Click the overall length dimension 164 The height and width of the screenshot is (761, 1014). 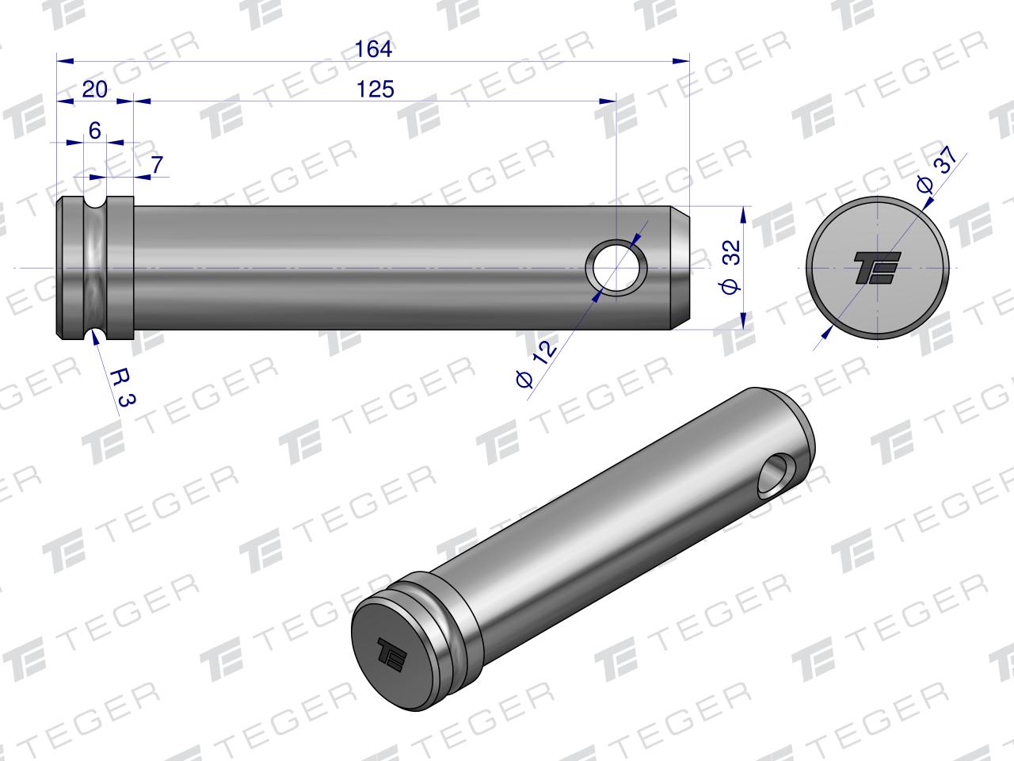pos(373,49)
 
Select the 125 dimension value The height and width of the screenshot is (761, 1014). pos(375,89)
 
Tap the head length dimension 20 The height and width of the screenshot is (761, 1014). pos(95,89)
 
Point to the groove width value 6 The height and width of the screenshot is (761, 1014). pos(95,130)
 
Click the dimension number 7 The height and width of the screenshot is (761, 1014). pos(158,165)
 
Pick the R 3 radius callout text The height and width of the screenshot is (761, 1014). pos(124,387)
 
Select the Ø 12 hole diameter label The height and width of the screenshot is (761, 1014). pos(536,364)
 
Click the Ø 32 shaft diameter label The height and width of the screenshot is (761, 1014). pos(731,266)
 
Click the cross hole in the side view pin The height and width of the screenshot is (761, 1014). pos(616,267)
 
